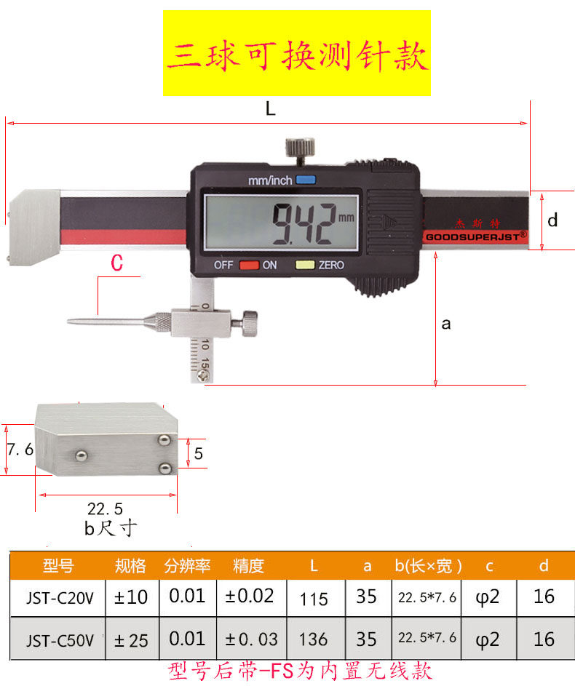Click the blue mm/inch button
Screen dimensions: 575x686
pyautogui.click(x=306, y=180)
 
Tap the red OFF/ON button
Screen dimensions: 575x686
pyautogui.click(x=249, y=265)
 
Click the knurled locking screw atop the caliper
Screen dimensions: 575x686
pyautogui.click(x=300, y=148)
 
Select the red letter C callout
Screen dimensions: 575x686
pyautogui.click(x=117, y=263)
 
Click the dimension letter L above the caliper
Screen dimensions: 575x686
pyautogui.click(x=271, y=108)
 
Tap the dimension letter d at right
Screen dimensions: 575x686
pyautogui.click(x=552, y=220)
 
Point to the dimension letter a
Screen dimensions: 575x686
pyautogui.click(x=446, y=324)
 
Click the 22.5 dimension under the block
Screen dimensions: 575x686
pyautogui.click(x=105, y=508)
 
